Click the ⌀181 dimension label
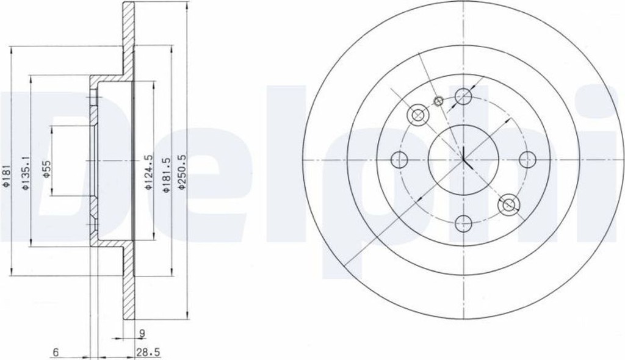click(x=5, y=175)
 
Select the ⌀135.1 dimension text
click(x=26, y=173)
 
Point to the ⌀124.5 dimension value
click(x=148, y=172)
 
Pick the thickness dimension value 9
click(x=142, y=332)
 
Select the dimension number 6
click(x=56, y=353)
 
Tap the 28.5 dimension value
click(x=148, y=353)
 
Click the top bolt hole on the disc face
click(x=464, y=96)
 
